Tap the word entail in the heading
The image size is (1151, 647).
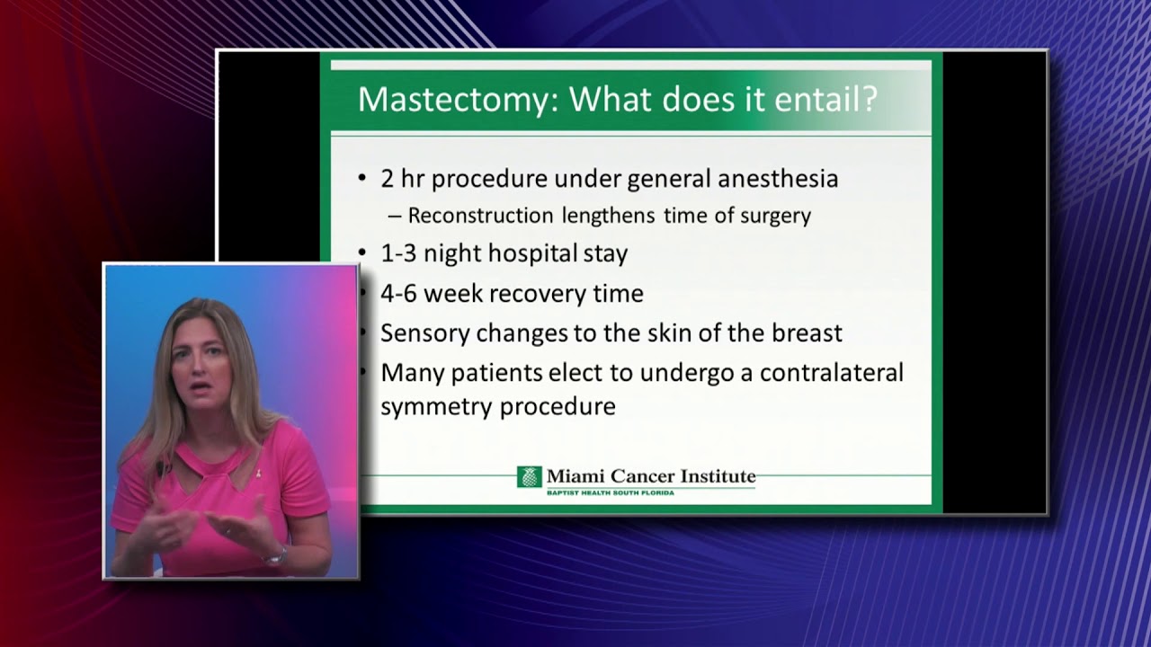814,99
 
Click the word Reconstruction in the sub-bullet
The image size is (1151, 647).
480,216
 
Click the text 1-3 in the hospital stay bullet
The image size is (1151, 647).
399,253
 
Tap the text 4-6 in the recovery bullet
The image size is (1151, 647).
399,293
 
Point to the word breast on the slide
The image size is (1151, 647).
807,333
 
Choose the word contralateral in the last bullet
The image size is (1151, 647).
831,372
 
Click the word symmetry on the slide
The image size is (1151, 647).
436,407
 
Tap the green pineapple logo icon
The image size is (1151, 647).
529,477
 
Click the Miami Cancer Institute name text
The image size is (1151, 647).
650,476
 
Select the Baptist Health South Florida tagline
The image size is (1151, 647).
610,492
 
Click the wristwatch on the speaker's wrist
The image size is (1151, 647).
274,557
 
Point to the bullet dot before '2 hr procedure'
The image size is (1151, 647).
362,179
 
